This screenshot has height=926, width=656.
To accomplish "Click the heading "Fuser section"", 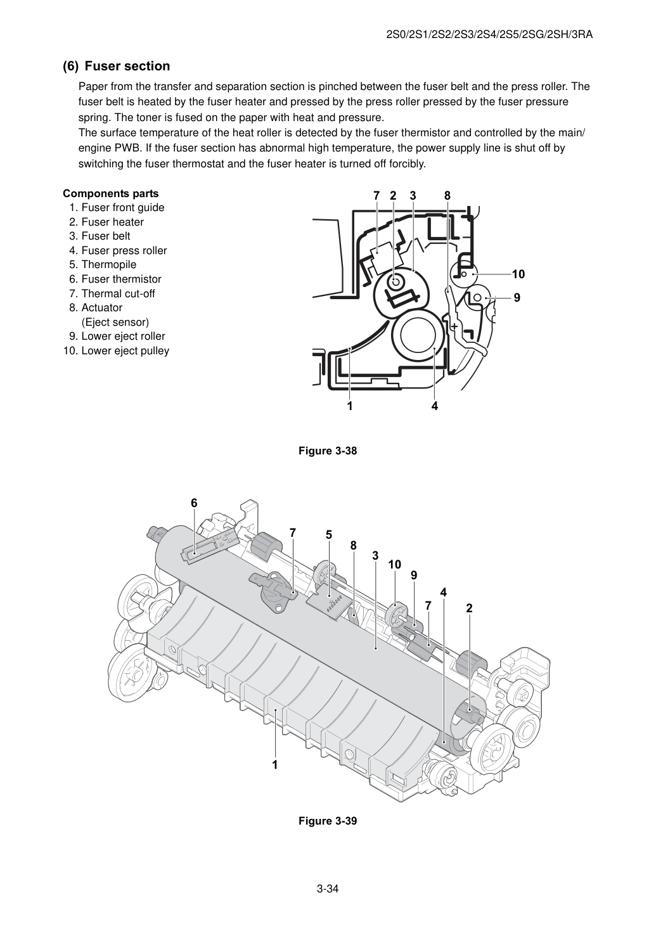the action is tap(127, 66).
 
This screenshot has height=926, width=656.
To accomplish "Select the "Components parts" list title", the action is tap(111, 193).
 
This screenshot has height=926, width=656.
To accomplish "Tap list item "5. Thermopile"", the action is tap(103, 264).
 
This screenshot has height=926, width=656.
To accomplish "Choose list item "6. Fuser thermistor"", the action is tap(115, 279).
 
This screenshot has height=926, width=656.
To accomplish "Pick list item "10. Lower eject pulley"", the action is tap(116, 350).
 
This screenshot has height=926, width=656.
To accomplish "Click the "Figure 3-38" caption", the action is tap(328, 451).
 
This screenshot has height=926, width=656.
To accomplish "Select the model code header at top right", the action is tap(489, 35).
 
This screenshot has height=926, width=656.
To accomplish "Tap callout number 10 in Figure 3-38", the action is tap(518, 274).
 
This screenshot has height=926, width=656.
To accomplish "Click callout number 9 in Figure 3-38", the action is tap(517, 298).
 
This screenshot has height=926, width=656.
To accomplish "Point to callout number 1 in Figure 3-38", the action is tap(350, 406).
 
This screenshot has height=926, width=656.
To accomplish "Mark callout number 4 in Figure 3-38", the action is tap(434, 406).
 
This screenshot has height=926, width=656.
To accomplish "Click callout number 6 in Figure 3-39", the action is tap(194, 503).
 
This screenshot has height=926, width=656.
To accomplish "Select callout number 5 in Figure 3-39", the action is tap(328, 535).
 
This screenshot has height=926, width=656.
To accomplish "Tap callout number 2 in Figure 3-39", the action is tap(469, 608).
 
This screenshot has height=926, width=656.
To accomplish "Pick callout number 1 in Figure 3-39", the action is tap(275, 765).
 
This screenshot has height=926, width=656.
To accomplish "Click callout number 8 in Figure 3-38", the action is tap(447, 196).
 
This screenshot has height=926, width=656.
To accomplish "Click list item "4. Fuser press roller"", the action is tap(118, 250).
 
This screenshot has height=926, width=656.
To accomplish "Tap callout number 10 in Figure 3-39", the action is tap(395, 564).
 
